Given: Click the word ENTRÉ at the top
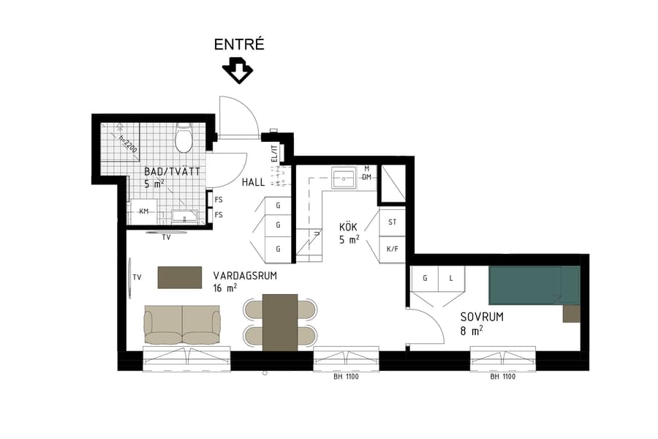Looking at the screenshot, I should (238, 45).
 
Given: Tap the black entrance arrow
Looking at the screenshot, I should (238, 71).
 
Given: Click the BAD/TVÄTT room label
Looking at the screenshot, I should (173, 170).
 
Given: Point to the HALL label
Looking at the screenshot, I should (253, 181).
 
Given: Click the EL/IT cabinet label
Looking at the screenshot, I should (275, 154).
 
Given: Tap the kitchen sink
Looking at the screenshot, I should (343, 177).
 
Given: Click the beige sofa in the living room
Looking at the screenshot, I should (182, 325).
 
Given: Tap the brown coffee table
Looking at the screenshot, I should (180, 277).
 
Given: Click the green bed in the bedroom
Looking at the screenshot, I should (534, 285).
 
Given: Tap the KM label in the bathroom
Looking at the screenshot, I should (143, 212).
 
